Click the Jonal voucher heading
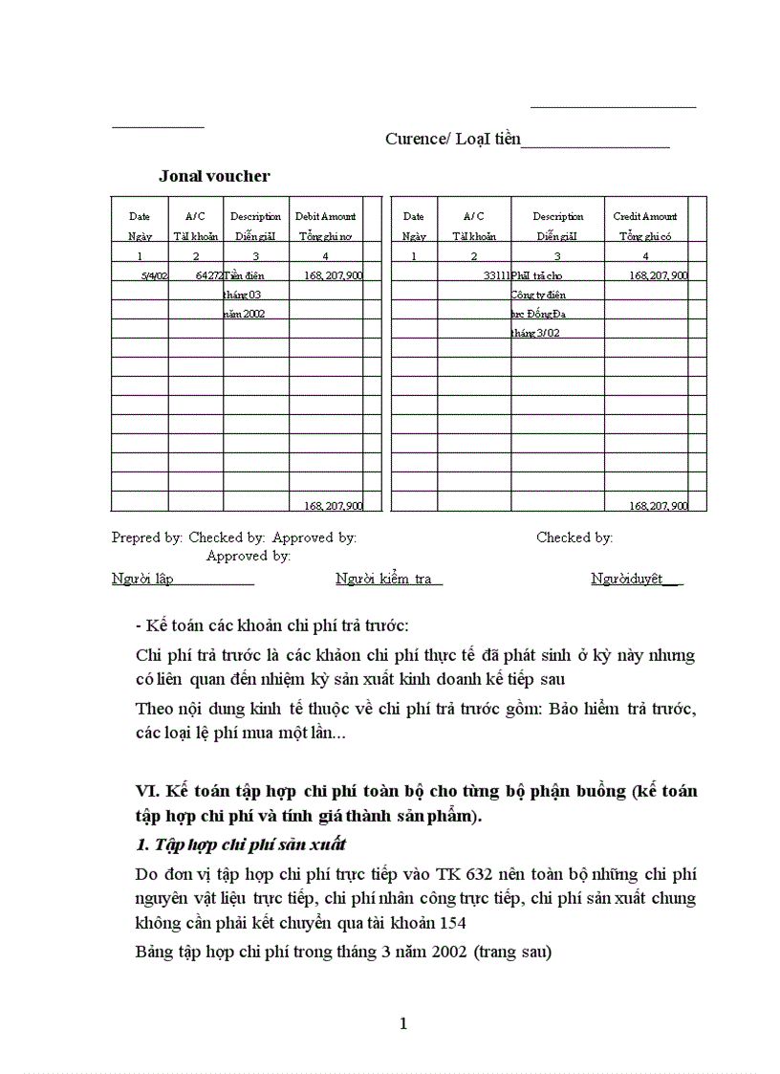[214, 176]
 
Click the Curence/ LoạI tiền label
[452, 139]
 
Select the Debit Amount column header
[326, 217]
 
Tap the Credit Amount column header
[645, 217]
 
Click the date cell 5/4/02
[154, 275]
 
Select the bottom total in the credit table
[658, 505]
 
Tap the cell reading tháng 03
[243, 295]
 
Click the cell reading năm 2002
[245, 314]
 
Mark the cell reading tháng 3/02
[535, 333]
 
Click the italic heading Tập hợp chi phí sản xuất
[240, 844]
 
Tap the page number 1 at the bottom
[402, 1023]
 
